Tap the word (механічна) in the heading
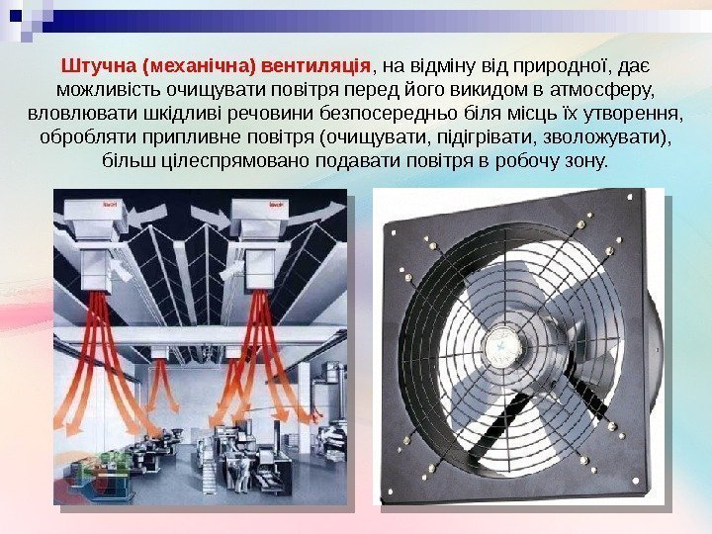(x=199, y=67)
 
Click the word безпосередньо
(x=388, y=114)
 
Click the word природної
(x=560, y=67)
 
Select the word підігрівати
(x=487, y=137)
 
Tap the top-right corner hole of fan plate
(x=629, y=198)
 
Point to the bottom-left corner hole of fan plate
(x=390, y=490)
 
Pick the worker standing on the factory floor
(x=243, y=475)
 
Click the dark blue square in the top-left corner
(x=16, y=16)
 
